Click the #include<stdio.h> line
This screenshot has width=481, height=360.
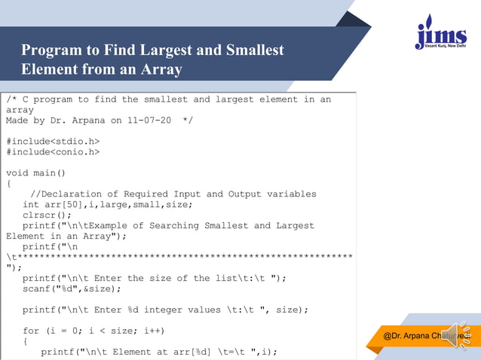tap(53, 141)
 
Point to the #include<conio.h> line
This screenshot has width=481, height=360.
tap(53, 151)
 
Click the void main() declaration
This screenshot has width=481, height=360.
tap(35, 172)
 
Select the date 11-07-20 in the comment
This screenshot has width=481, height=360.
tap(152, 120)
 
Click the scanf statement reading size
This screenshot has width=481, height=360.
tap(72, 288)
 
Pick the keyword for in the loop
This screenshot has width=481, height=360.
tap(31, 331)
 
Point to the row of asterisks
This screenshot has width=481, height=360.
tap(181, 257)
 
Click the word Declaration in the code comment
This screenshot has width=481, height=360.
tap(84, 194)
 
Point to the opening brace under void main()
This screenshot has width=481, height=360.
tap(9, 183)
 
